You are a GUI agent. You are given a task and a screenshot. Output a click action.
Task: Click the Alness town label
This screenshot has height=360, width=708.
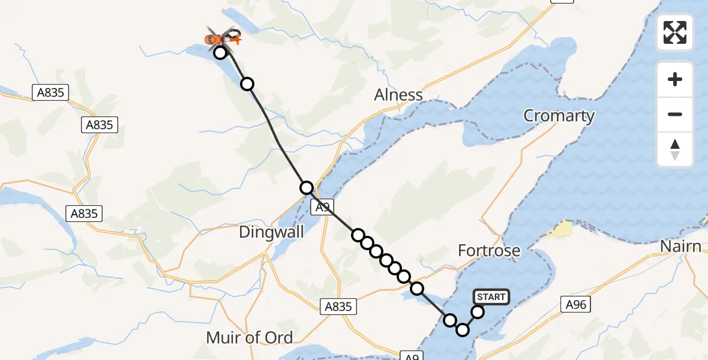(398, 95)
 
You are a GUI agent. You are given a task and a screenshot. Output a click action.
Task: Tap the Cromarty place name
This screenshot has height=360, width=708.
(559, 116)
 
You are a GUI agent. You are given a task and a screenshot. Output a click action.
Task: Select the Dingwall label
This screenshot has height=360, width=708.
(271, 232)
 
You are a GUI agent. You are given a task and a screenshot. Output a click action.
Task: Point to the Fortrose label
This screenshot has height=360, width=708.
(489, 250)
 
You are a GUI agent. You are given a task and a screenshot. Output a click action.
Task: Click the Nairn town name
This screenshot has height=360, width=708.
(680, 247)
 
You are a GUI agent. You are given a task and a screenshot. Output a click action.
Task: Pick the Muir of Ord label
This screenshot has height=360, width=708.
(250, 337)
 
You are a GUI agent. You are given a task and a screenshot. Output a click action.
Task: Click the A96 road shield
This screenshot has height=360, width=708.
(576, 305)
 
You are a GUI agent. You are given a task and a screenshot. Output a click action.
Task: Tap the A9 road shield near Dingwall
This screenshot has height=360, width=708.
(323, 208)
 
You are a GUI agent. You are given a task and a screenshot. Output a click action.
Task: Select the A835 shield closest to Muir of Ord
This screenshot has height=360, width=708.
(337, 307)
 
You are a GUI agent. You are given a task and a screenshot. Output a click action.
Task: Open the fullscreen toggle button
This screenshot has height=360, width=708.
(675, 32)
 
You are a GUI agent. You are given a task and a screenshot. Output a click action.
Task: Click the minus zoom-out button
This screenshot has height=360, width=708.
(675, 115)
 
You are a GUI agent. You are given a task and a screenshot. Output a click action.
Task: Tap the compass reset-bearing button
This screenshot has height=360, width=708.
(675, 149)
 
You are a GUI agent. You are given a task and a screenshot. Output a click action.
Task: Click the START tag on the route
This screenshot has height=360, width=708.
(491, 296)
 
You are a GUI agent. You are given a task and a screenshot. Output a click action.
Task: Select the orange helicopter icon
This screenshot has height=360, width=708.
(223, 40)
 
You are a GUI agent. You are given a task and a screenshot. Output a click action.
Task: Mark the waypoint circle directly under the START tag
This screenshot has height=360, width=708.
(478, 312)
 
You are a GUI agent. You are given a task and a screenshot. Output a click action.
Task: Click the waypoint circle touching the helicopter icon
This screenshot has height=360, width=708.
(220, 53)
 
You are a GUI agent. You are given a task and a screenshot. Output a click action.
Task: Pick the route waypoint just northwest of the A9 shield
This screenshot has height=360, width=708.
(307, 188)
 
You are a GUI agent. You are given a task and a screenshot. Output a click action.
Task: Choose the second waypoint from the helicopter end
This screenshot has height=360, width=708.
(247, 84)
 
